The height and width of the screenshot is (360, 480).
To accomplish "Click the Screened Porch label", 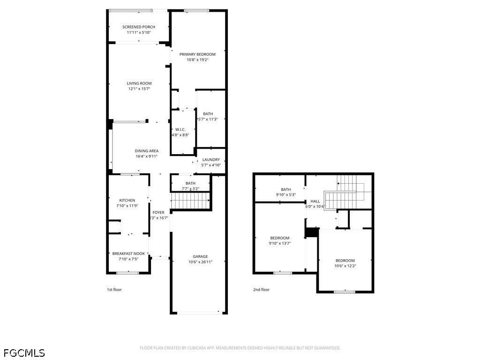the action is (x=139, y=27).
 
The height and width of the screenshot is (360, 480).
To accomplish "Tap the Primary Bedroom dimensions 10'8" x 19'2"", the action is (x=197, y=60).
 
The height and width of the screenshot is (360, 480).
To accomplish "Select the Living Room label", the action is (x=139, y=83).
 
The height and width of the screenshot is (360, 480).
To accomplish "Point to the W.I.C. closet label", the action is (x=180, y=129).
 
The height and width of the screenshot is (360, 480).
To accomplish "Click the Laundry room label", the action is (x=211, y=159).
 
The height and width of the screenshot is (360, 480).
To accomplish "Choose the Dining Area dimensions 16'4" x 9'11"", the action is (x=147, y=157).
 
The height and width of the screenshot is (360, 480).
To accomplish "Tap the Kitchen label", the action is (x=127, y=201).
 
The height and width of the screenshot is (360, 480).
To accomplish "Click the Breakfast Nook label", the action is (x=128, y=254).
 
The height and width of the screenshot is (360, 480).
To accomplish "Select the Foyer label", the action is (x=158, y=212).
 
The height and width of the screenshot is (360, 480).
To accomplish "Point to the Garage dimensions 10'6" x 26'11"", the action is (x=200, y=262).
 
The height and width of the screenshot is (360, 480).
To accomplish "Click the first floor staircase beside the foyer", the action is (x=190, y=201).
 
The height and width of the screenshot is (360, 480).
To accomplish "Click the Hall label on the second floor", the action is (x=315, y=202).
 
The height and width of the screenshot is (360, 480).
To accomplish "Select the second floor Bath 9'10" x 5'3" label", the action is (x=286, y=189).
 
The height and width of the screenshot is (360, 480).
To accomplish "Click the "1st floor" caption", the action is (x=114, y=290).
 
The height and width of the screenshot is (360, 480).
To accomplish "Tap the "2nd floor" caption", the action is (x=261, y=290).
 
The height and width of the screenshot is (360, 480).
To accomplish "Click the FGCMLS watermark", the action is (x=24, y=353).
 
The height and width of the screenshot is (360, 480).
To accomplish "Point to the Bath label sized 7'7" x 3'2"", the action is (x=190, y=183).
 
